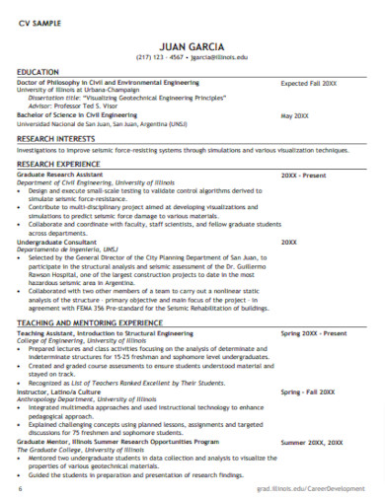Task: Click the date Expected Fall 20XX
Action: click(309, 84)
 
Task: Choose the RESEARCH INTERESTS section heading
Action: click(62, 139)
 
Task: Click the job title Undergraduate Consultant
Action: click(62, 242)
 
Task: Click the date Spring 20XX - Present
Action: click(313, 333)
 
